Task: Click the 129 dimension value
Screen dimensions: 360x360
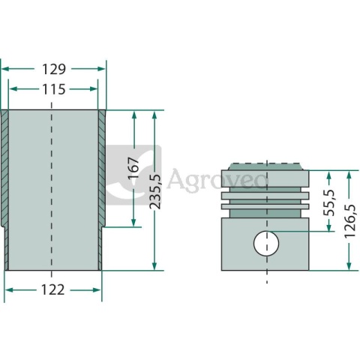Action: [53, 69]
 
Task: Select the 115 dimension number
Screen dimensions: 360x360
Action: [54, 89]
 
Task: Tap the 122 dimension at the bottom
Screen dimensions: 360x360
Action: [53, 290]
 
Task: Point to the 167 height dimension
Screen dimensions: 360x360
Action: [134, 168]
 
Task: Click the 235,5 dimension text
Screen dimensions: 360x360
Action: [155, 191]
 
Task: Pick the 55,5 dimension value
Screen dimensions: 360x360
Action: [329, 202]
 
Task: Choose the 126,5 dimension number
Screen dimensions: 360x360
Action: [349, 221]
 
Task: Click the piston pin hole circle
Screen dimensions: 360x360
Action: [266, 243]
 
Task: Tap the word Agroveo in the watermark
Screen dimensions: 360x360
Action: [217, 179]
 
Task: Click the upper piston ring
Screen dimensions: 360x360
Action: [265, 196]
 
